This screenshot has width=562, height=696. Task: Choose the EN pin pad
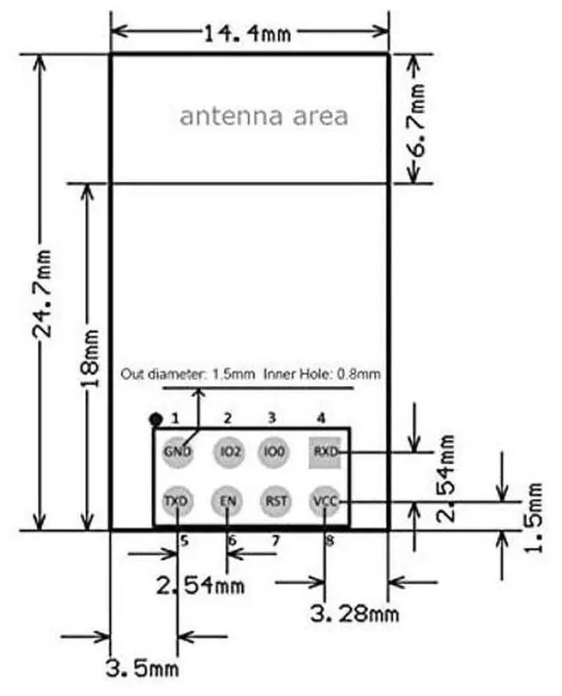228,501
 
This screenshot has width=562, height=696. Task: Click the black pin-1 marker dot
155,419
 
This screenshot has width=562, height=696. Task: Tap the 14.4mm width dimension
249,33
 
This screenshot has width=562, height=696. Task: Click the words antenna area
263,116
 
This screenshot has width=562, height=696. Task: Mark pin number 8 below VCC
329,541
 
